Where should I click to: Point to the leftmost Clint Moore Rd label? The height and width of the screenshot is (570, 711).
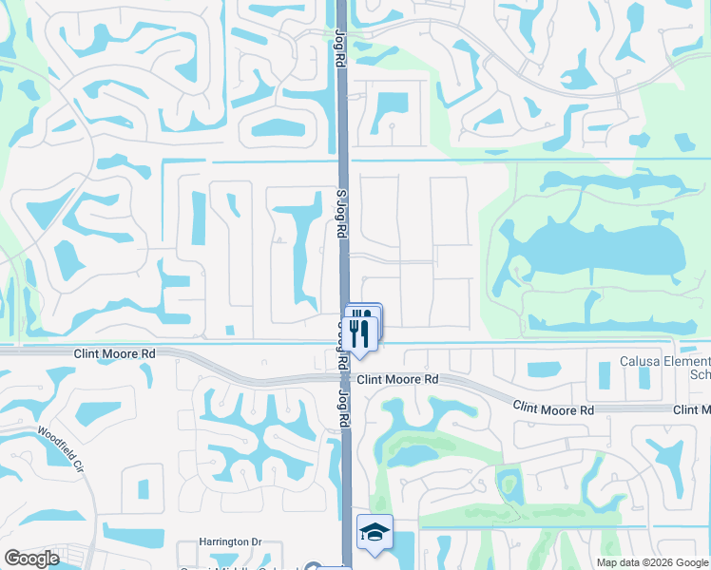coord(114,353)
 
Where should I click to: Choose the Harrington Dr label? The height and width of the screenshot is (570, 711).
coord(229,541)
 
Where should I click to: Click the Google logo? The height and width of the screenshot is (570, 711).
coord(32,559)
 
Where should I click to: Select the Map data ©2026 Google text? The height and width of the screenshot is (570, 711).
coord(651,562)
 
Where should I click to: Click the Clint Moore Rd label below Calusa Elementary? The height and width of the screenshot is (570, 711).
coord(553,408)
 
